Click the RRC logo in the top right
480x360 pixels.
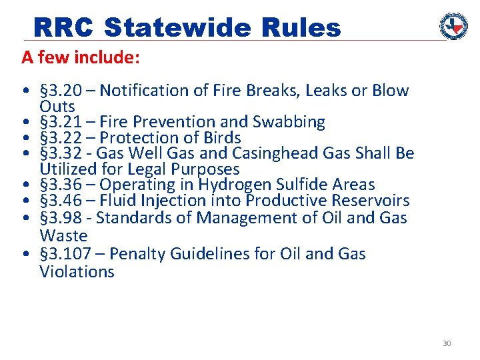pyautogui.click(x=453, y=26)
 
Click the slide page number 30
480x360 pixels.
pyautogui.click(x=447, y=343)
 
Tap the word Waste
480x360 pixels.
pyautogui.click(x=63, y=235)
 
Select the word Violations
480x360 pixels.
pyautogui.click(x=77, y=271)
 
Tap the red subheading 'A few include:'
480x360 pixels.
pyautogui.click(x=80, y=58)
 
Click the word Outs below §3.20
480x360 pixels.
pyautogui.click(x=57, y=106)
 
